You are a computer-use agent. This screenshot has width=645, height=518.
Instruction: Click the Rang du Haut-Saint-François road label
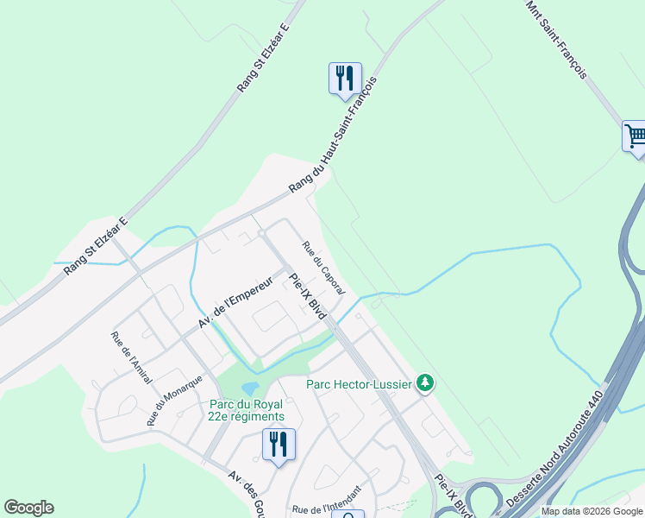coord(332,136)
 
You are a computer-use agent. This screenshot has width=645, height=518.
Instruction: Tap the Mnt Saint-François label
coord(557,39)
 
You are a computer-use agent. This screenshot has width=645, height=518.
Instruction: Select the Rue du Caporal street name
coord(323,268)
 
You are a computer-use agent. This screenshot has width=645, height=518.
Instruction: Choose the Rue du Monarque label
coord(174,400)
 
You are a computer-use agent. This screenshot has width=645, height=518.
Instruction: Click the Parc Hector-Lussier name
coord(360,382)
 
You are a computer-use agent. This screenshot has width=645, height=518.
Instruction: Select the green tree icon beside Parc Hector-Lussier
coord(424,382)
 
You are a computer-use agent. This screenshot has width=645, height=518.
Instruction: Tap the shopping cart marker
coord(635,136)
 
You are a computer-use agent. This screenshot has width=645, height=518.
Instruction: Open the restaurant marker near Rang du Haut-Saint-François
coord(345,78)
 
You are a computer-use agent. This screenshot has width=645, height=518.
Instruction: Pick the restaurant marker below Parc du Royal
coord(279,444)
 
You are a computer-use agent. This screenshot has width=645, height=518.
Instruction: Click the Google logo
coord(28,508)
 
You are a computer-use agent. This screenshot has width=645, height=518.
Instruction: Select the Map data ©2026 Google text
coord(592,511)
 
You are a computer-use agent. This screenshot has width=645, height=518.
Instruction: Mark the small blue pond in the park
coord(250,388)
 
